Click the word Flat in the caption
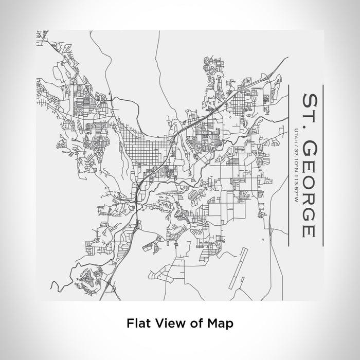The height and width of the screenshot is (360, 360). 137,323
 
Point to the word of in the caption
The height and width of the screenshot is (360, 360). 193,323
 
